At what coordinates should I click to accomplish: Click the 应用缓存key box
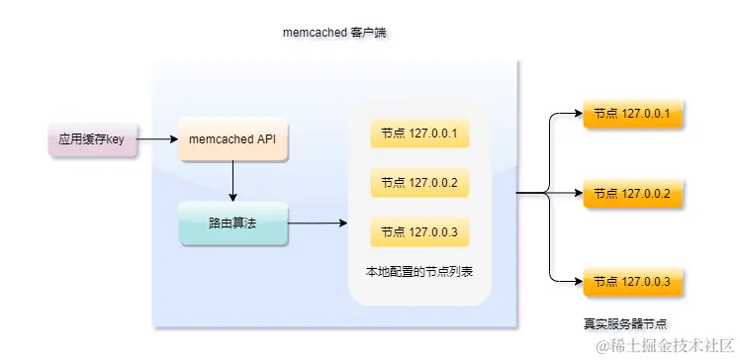tap(91, 140)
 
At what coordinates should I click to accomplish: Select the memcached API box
tap(232, 140)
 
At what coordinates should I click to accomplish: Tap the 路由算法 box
tap(232, 225)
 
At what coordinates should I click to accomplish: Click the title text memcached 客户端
tap(333, 34)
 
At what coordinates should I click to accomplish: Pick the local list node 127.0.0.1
tap(418, 134)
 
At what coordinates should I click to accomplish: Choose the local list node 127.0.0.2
tap(418, 183)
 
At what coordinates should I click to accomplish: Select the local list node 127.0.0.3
tap(418, 233)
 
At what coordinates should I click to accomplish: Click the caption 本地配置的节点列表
tap(419, 271)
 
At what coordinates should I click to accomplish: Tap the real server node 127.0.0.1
tap(632, 114)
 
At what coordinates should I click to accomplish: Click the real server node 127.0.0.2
tap(632, 194)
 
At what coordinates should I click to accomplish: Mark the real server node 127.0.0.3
tap(632, 282)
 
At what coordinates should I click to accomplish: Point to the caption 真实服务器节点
tap(624, 323)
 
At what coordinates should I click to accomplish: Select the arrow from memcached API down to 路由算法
tap(232, 181)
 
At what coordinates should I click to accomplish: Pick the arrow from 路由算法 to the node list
tap(317, 224)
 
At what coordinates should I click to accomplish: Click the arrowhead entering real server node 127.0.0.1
tap(577, 114)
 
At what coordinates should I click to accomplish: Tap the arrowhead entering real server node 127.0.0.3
tap(577, 282)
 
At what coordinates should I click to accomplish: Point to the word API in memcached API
tap(265, 140)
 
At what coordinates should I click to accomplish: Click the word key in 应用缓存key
tap(115, 140)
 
